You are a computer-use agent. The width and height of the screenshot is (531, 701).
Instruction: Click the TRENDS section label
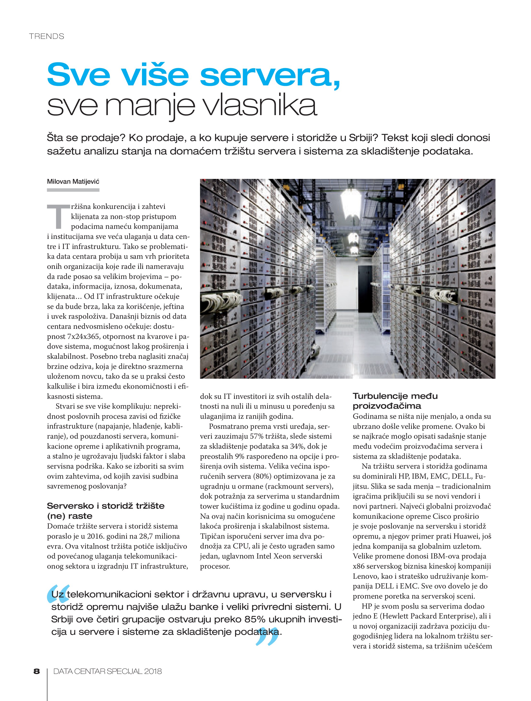point(47,36)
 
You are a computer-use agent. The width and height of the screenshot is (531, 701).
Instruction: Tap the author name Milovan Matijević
point(73,182)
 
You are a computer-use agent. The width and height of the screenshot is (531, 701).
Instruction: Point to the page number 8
point(37,671)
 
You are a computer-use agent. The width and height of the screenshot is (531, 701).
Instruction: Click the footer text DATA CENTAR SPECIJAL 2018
point(107,671)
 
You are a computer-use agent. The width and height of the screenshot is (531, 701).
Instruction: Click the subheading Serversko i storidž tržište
point(106,506)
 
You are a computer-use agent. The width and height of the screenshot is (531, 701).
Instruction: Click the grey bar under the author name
point(73,190)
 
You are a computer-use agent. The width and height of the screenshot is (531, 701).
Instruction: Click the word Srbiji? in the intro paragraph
point(363,138)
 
